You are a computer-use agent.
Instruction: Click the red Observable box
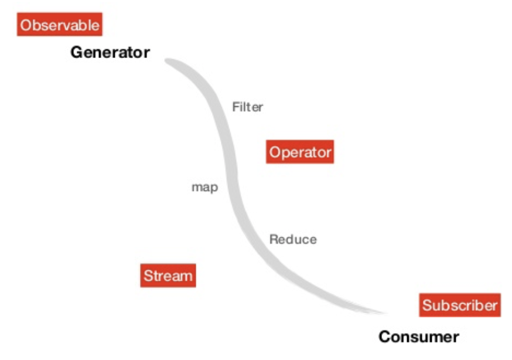[60, 25]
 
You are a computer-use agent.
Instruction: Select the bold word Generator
[110, 53]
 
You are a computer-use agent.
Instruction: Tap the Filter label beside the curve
[247, 107]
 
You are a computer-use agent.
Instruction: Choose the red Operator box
[300, 152]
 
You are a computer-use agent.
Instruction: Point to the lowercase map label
[204, 188]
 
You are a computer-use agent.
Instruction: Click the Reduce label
[293, 239]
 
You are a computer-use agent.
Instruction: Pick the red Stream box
[168, 276]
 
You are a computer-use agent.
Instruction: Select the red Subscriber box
[460, 305]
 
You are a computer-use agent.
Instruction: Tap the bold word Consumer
[418, 337]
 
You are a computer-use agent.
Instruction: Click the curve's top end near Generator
[169, 61]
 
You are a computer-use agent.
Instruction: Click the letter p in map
[214, 189]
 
